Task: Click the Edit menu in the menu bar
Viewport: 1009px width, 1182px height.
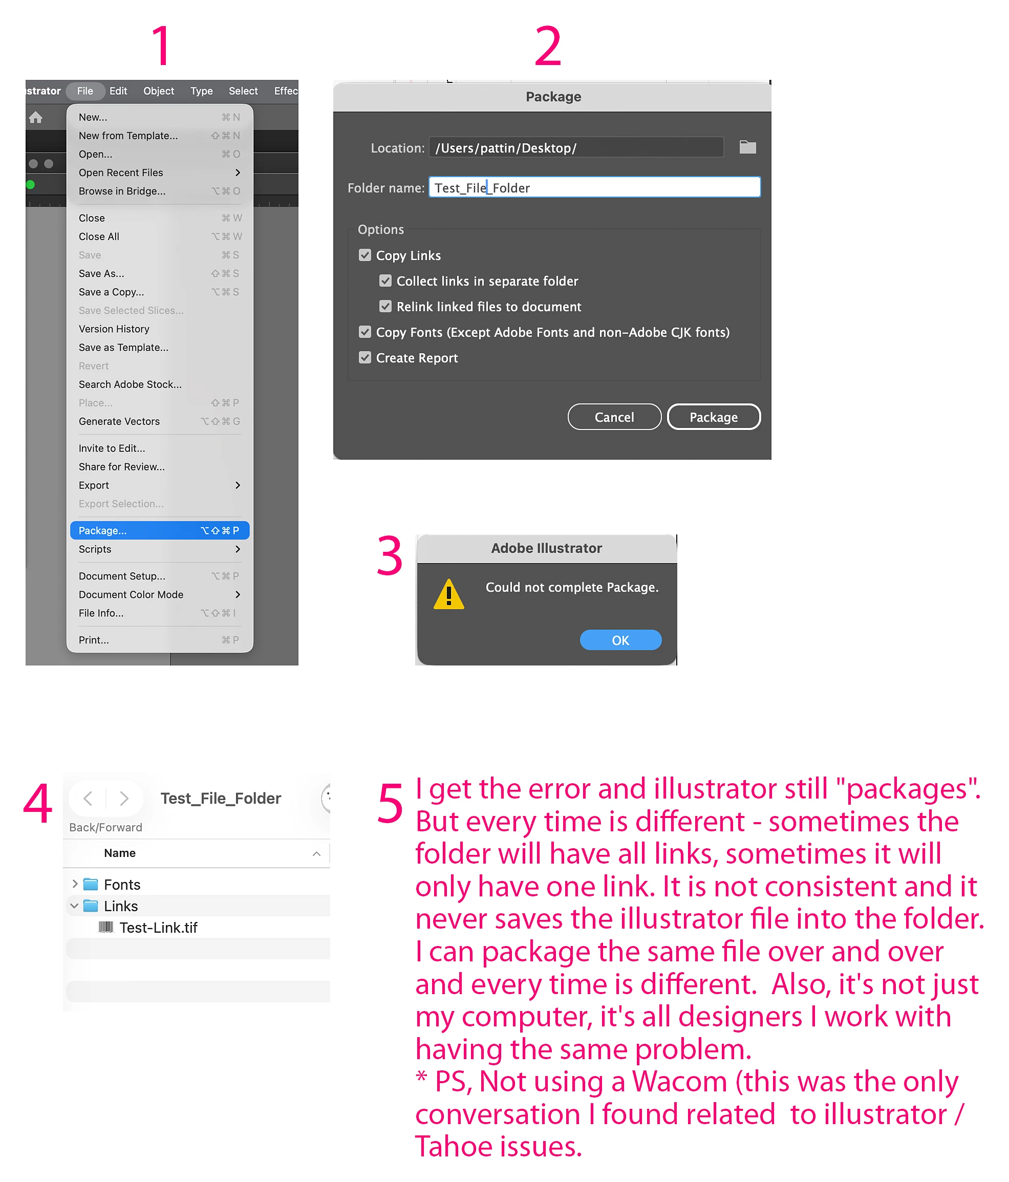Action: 118,91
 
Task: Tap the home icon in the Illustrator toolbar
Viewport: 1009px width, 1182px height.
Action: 35,118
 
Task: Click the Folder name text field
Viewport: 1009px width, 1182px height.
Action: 594,187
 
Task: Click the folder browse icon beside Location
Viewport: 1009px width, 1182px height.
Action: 747,147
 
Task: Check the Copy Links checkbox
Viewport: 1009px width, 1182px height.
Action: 364,255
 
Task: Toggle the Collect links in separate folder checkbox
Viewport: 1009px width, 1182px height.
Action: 385,281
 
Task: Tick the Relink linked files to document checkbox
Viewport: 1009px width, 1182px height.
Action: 385,306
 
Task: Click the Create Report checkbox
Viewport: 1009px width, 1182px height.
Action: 364,358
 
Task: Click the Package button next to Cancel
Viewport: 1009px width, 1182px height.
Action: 713,417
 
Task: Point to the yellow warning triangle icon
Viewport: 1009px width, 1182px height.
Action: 448,595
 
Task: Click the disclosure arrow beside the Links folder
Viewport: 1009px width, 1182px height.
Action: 74,906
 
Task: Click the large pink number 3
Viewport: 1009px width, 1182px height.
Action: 390,555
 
